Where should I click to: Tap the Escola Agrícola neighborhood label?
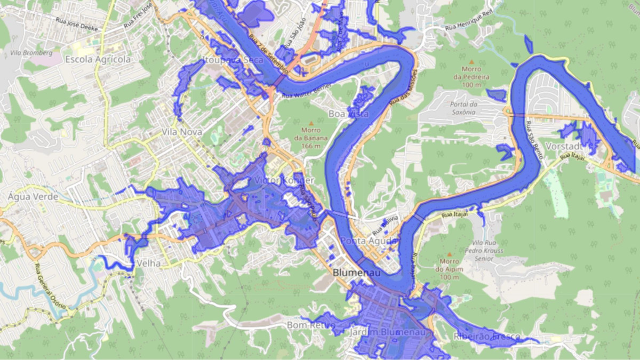(x=98, y=60)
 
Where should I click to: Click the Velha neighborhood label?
(x=149, y=263)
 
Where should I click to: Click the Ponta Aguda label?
(x=369, y=241)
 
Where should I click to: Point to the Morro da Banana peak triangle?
(x=311, y=123)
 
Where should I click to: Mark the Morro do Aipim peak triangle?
(x=450, y=255)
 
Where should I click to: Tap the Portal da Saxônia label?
(x=455, y=108)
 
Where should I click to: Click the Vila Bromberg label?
(x=31, y=53)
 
